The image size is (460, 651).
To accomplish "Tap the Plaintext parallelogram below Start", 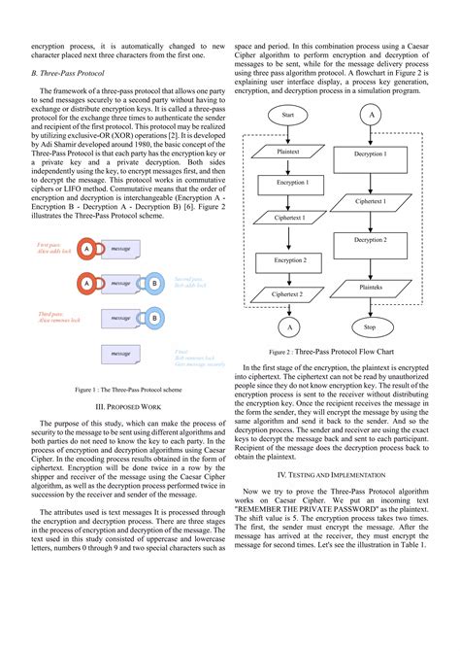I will (287, 153).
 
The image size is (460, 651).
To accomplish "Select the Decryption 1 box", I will (369, 154).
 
